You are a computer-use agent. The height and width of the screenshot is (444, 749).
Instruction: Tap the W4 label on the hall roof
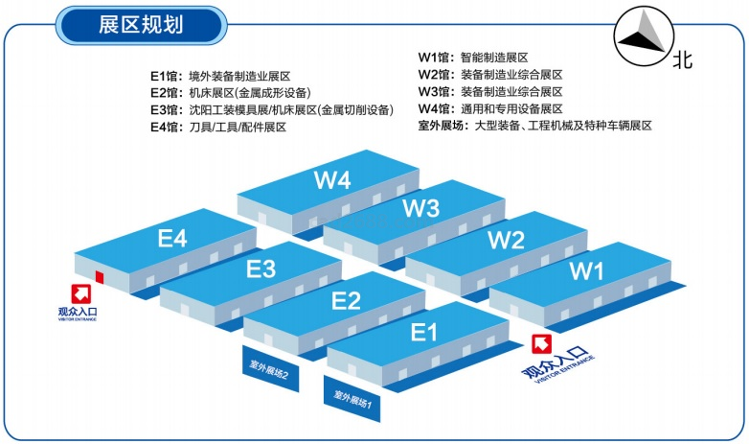pyautogui.click(x=331, y=179)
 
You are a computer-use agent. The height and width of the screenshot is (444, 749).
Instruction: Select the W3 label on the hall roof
pyautogui.click(x=420, y=207)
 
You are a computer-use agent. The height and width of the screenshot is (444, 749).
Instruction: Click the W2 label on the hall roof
pyautogui.click(x=505, y=240)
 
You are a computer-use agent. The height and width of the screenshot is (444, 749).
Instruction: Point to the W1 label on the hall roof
pyautogui.click(x=587, y=271)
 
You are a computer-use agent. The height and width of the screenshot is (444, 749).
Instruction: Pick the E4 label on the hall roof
pyautogui.click(x=171, y=238)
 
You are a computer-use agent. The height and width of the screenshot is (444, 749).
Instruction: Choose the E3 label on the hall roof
pyautogui.click(x=261, y=268)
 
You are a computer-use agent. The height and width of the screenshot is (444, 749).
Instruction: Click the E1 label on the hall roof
pyautogui.click(x=423, y=333)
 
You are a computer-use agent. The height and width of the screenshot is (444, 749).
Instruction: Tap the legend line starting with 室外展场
pyautogui.click(x=534, y=126)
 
